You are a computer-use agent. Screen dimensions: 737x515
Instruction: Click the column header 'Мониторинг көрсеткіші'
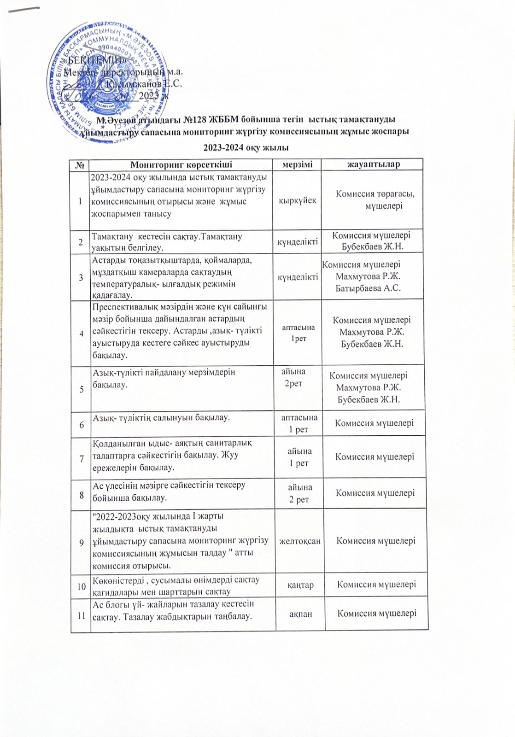(181, 164)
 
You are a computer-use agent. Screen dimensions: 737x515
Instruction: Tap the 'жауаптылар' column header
(373, 164)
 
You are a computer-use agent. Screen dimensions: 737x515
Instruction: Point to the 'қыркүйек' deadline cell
(298, 201)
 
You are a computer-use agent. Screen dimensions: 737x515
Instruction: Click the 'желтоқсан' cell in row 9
(300, 541)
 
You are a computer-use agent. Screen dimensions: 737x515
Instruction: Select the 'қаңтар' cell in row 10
(301, 585)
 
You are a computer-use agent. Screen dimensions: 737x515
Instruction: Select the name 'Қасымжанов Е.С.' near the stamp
(144, 84)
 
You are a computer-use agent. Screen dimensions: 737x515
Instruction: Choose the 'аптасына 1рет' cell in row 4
(298, 333)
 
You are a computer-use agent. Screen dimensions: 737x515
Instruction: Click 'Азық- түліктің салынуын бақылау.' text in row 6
(161, 418)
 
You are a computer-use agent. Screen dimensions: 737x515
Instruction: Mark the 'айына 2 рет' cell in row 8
(300, 493)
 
